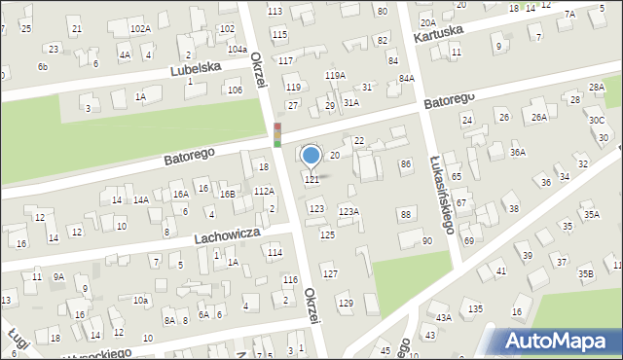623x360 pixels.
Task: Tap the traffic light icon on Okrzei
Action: pos(277,134)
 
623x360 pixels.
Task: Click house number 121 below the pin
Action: pos(312,180)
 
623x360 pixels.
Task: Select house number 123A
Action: pos(348,211)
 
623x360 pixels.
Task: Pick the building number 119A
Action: pos(335,75)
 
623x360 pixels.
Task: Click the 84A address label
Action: pos(406,78)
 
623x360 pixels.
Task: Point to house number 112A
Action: pos(264,192)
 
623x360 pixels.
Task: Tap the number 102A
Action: pos(140,29)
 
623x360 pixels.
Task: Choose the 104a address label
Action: pos(237,49)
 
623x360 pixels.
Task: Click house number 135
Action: pos(474,308)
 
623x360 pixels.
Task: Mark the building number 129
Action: pos(346,304)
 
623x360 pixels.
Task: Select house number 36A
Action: pos(518,152)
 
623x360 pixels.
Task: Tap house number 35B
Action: pos(585,274)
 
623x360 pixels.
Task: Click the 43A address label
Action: pos(444,317)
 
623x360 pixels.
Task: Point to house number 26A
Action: pos(537,118)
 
